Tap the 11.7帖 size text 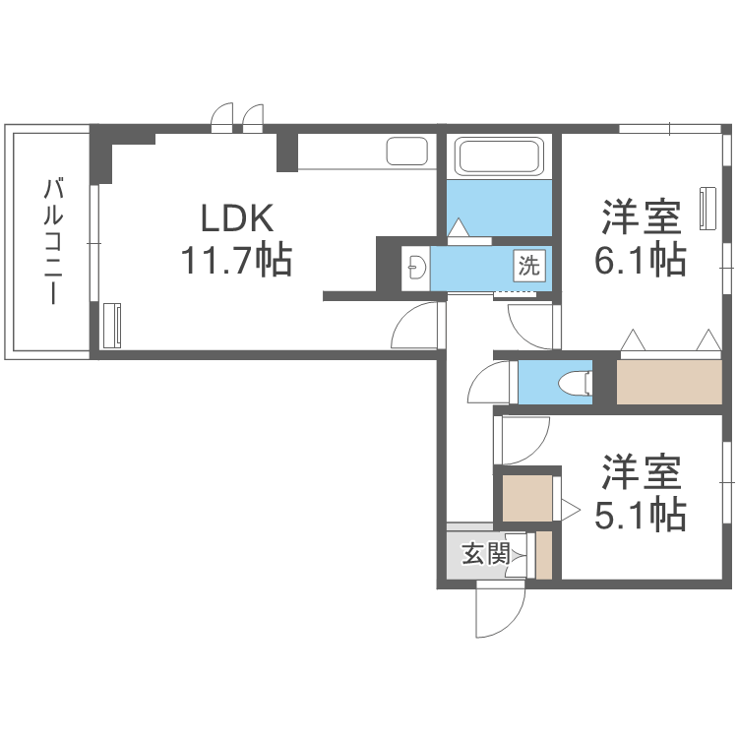coord(236,261)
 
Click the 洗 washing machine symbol coord(529,264)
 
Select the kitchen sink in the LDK coord(405,152)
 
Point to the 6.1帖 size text coord(640,260)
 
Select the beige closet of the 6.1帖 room coord(668,382)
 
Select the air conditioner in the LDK coord(112,324)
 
